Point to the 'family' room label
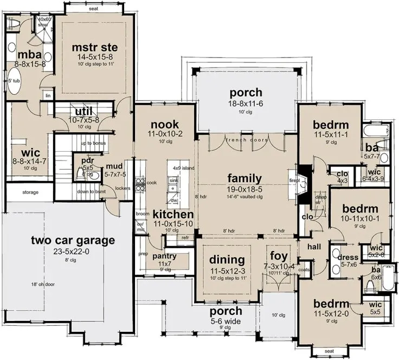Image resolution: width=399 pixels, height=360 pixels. click(244, 178)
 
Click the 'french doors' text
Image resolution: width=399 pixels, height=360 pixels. click(245, 140)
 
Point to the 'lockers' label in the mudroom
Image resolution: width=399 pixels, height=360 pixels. click(123, 189)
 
